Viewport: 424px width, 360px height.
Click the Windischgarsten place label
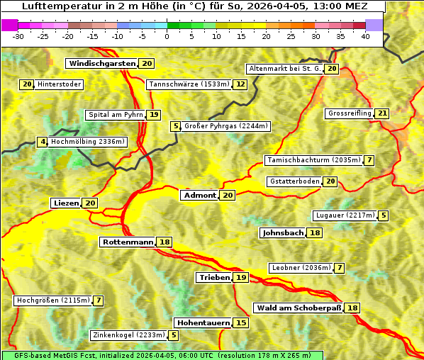(101, 64)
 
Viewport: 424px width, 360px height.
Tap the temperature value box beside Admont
(228, 196)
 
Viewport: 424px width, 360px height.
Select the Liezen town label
(66, 203)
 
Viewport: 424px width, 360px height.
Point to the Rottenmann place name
(128, 242)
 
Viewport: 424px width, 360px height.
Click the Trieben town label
(214, 278)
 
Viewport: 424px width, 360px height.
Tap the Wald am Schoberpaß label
(298, 308)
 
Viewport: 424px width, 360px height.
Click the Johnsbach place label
(283, 233)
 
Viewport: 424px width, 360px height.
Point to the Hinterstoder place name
(60, 84)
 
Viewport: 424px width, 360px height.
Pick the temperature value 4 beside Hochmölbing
(43, 142)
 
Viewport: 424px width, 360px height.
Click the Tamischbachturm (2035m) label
(313, 160)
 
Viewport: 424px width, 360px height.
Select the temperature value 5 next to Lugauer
(384, 215)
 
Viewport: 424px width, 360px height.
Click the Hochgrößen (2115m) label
(53, 300)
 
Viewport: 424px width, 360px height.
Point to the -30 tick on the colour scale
(18, 36)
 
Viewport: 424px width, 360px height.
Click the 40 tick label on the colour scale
(365, 36)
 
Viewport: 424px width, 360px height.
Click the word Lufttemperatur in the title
(53, 6)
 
